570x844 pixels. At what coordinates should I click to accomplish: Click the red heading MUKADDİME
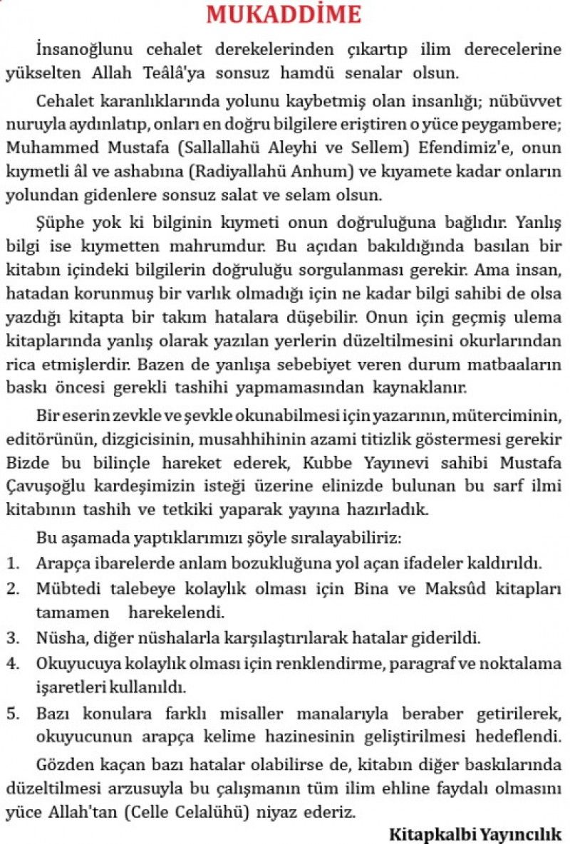[x=284, y=14]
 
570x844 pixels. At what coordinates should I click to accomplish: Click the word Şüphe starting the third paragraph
[x=61, y=223]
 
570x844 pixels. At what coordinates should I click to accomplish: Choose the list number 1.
[x=12, y=563]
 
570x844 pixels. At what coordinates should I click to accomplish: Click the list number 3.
[x=12, y=636]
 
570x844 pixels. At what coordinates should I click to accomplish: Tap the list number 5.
[x=12, y=714]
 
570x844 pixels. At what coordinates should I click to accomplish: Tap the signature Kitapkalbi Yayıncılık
[x=475, y=833]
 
